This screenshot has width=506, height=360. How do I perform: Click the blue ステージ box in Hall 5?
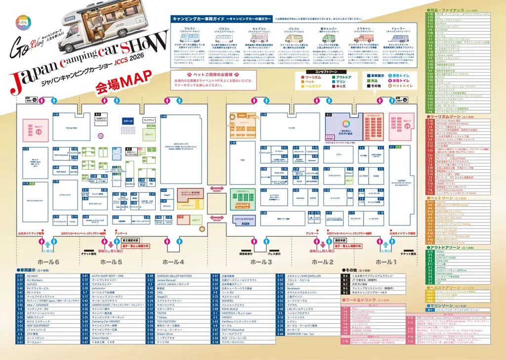coord(128,121)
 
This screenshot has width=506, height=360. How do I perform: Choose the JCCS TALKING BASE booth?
coord(244,219)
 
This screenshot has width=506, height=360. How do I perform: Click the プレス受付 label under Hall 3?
coord(274,254)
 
